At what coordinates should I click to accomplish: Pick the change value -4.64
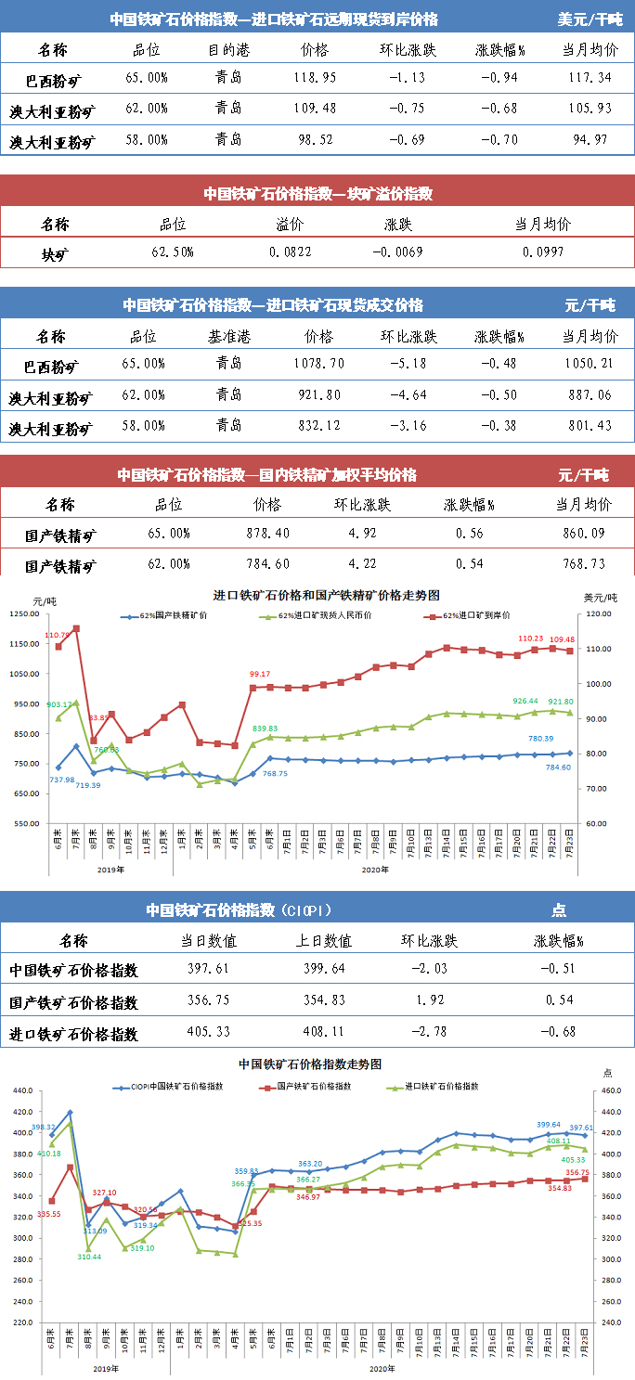coord(408,396)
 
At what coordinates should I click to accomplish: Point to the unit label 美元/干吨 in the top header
coord(590,19)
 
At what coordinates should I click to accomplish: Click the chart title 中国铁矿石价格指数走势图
coord(310,1064)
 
